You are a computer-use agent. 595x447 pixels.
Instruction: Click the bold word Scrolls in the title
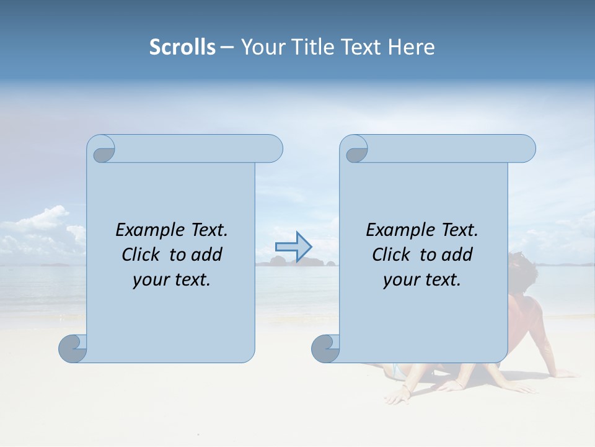[182, 47]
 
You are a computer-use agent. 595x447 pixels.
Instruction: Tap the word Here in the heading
[411, 47]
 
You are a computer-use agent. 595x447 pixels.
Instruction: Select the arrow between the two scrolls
[293, 247]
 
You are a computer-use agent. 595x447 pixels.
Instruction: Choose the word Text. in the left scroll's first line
[208, 230]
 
